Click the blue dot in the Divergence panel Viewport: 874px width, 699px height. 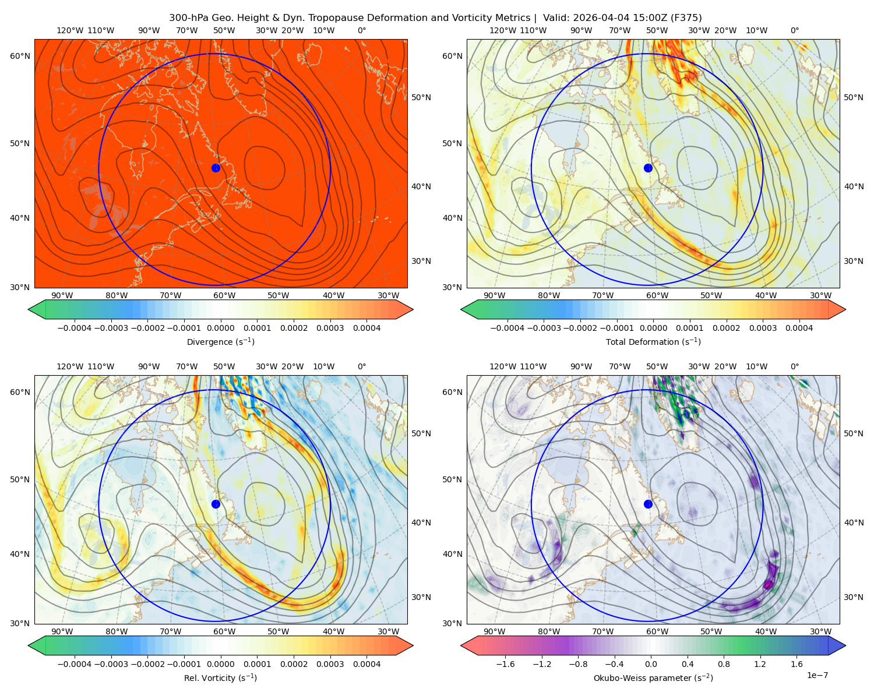click(216, 168)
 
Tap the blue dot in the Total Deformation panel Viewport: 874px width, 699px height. click(648, 168)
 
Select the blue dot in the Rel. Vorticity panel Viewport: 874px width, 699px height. click(216, 504)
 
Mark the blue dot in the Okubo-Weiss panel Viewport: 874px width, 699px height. click(648, 504)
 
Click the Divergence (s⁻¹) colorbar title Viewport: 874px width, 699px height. click(220, 341)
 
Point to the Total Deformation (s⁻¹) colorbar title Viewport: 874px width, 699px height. click(653, 341)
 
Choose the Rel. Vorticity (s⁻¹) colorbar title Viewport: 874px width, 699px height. click(220, 677)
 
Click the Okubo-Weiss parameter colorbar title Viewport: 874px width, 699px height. click(653, 677)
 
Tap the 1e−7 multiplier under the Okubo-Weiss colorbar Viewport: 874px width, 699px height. click(817, 675)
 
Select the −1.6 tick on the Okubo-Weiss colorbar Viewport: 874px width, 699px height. click(505, 663)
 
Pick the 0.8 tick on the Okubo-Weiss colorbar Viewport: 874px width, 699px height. click(724, 663)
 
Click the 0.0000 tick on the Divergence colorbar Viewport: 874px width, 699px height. click(220, 328)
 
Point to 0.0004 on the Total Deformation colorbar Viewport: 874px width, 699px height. click(799, 328)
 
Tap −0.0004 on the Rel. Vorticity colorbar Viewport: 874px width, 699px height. click(75, 663)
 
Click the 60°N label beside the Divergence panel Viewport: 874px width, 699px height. click(20, 56)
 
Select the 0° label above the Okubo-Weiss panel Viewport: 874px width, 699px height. click(794, 366)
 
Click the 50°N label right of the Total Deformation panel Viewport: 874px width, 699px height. click(853, 97)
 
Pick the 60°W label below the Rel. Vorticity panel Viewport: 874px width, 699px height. click(224, 631)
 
